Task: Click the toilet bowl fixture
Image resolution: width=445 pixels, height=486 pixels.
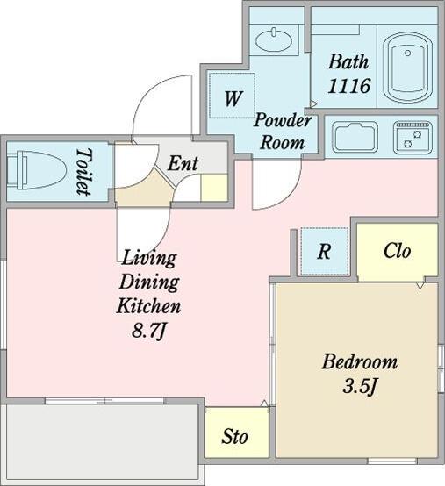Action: click(36, 170)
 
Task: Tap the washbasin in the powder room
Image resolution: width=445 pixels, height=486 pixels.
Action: click(274, 39)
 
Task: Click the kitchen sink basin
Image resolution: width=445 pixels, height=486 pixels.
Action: click(355, 138)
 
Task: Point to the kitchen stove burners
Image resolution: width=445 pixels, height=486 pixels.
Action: click(413, 138)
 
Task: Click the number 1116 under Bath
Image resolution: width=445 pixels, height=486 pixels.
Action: click(349, 86)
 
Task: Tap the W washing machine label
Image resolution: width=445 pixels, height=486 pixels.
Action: click(233, 99)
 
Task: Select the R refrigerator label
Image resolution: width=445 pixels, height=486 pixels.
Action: click(324, 252)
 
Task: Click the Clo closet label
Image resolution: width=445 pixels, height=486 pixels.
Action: click(398, 250)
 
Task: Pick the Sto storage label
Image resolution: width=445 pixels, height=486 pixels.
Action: click(234, 436)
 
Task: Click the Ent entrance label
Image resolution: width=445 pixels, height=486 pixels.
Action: click(183, 163)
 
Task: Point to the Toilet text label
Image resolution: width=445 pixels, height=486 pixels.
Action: click(84, 172)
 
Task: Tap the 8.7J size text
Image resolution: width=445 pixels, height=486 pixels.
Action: click(149, 331)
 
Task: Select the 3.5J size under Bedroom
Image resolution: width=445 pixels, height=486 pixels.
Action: click(361, 386)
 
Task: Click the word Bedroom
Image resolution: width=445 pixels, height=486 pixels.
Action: click(359, 361)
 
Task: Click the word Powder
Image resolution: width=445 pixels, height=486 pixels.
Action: click(283, 120)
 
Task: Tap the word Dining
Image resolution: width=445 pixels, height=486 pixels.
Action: click(149, 282)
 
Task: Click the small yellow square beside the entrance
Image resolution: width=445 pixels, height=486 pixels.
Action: click(214, 188)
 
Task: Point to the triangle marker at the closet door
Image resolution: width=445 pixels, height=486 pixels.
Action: click(420, 285)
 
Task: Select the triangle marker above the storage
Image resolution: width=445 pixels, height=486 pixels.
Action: click(264, 404)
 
